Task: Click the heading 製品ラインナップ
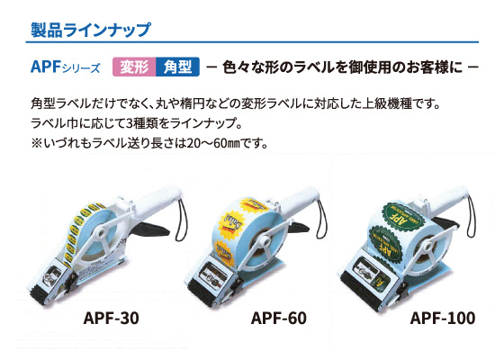point(90,30)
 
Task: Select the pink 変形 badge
point(134,67)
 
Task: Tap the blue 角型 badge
point(178,67)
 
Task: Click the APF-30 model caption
point(112,318)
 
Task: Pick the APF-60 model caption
point(279,318)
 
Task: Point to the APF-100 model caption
point(443,318)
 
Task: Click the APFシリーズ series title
point(65,67)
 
